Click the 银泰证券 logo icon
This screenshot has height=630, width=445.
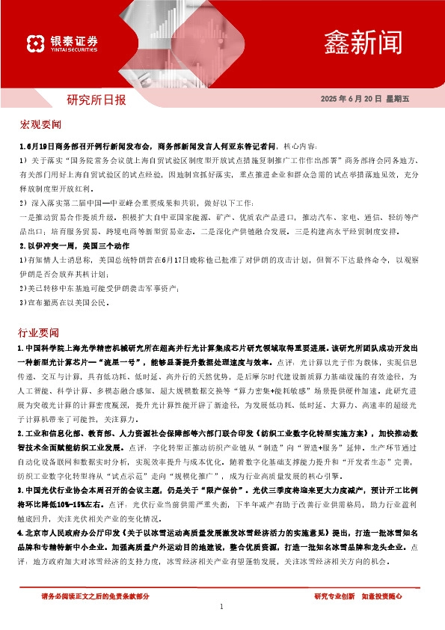tap(34, 40)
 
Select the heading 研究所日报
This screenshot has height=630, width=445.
tap(96, 99)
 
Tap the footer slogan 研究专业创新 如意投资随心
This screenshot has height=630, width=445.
tap(358, 596)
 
